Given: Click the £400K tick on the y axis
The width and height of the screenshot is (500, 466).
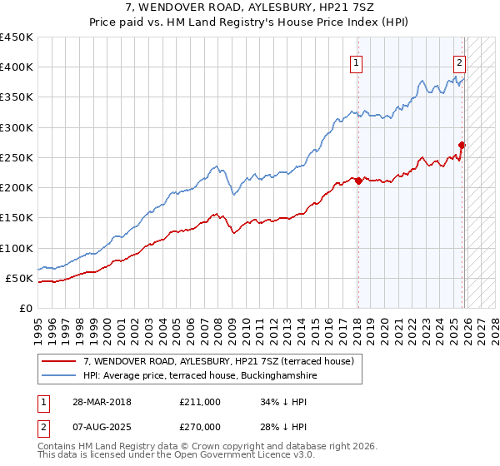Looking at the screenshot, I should (x=17, y=67).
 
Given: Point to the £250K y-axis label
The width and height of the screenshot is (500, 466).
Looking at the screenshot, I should (x=17, y=157).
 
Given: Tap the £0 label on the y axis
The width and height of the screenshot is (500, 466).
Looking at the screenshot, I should (x=25, y=308).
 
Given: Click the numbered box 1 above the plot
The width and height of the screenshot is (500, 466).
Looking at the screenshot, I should (x=357, y=62).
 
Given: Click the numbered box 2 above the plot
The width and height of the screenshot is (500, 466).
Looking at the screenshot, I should (x=459, y=62).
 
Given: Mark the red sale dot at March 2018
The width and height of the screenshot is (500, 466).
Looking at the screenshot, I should (x=358, y=181).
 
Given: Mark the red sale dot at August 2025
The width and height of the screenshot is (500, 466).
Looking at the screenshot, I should (x=462, y=145).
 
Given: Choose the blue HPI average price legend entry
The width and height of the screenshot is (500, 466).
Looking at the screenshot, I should (x=200, y=376).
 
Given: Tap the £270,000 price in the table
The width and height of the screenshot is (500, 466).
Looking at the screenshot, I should (x=200, y=427).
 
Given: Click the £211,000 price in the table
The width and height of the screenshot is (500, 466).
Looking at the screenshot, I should (x=200, y=402).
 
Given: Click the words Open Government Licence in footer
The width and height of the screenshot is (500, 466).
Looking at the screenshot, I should (x=242, y=457).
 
